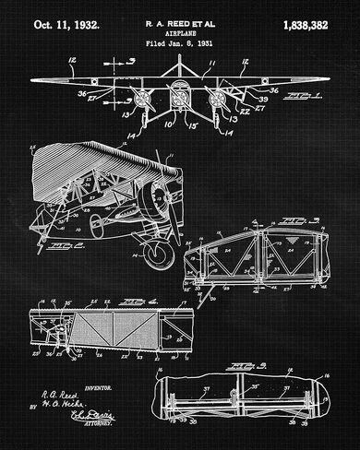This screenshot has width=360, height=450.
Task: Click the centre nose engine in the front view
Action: pyautogui.click(x=179, y=95)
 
